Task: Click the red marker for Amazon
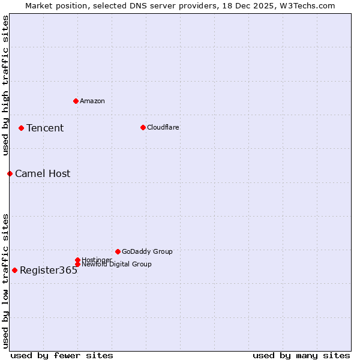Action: pos(76,101)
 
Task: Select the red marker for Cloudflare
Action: pos(143,127)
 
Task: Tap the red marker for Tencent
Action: pos(21,128)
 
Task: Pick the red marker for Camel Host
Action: pos(10,173)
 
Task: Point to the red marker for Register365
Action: pos(14,270)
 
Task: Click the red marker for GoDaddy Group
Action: pos(118,251)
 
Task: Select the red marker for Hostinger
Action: pos(77,260)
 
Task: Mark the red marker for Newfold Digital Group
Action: pos(77,264)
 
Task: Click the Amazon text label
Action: pos(92,101)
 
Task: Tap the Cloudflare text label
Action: pos(163,127)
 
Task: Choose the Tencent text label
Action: pos(45,128)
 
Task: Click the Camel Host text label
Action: pos(43,173)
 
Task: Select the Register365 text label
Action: pos(49,270)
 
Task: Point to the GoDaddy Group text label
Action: pos(147,251)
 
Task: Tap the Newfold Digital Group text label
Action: pos(116,264)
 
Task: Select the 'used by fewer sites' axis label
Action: pos(62,355)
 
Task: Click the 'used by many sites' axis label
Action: pos(301,355)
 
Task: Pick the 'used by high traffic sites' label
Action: pos(5,85)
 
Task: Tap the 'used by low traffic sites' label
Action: pos(5,281)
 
